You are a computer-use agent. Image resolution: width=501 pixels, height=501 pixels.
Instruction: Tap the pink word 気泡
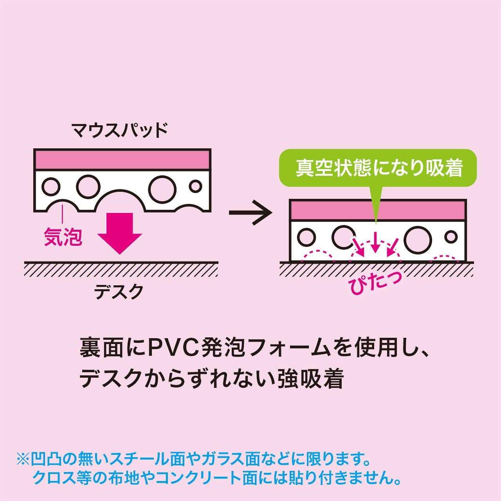(63, 236)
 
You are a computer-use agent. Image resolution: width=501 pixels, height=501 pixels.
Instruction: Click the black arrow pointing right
(250, 213)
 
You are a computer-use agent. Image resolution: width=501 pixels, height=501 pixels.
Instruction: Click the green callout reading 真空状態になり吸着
(379, 168)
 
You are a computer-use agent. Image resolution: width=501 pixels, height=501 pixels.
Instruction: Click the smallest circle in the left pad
(195, 186)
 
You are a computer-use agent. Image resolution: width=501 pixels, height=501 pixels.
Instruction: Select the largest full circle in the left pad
(162, 189)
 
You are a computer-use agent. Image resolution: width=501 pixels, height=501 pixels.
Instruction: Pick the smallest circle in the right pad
(451, 237)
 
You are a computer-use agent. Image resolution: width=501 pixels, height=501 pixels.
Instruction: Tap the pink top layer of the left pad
(122, 159)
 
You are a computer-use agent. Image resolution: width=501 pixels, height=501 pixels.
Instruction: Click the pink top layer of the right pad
(378, 210)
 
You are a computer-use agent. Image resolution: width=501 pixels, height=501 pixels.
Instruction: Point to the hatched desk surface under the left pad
(121, 269)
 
